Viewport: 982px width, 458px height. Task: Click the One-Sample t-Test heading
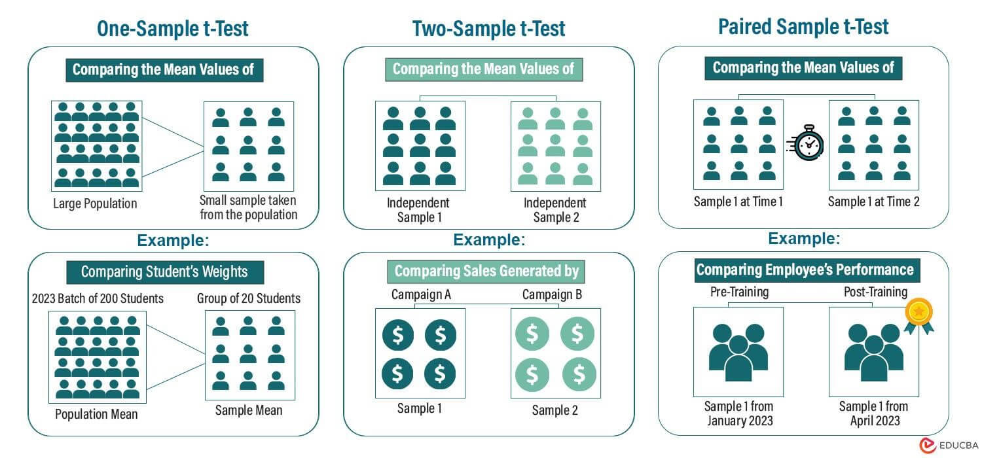pyautogui.click(x=173, y=29)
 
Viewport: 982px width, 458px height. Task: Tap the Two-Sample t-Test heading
pyautogui.click(x=488, y=29)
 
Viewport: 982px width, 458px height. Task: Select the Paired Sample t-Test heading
pyautogui.click(x=803, y=27)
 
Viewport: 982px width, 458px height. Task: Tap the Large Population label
pyautogui.click(x=96, y=203)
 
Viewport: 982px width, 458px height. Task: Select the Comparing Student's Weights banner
pyautogui.click(x=164, y=272)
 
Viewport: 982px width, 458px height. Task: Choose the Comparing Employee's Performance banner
pyautogui.click(x=805, y=270)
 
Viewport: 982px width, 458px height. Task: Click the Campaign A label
pyautogui.click(x=421, y=295)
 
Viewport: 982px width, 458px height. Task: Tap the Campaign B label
pyautogui.click(x=552, y=295)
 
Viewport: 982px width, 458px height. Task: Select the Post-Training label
pyautogui.click(x=875, y=292)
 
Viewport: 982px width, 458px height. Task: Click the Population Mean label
pyautogui.click(x=96, y=414)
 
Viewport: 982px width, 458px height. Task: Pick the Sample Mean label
pyautogui.click(x=249, y=410)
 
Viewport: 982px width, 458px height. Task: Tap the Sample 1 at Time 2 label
pyautogui.click(x=873, y=202)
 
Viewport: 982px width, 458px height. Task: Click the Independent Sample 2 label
pyautogui.click(x=556, y=209)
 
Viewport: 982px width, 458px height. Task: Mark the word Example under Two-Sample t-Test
pyautogui.click(x=488, y=240)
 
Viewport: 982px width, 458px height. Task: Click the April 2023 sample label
pyautogui.click(x=873, y=414)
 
